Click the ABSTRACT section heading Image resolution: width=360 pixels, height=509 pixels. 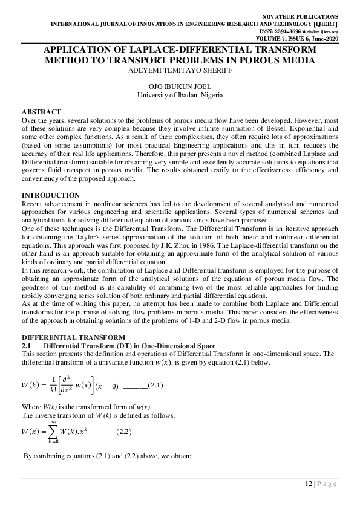click(41, 112)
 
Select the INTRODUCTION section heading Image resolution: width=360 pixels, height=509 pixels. click(51, 195)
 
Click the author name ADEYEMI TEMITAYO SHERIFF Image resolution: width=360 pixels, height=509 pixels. click(180, 70)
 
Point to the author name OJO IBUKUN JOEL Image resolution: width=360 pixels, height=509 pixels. click(180, 87)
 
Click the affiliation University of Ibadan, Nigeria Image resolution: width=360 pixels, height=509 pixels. click(180, 96)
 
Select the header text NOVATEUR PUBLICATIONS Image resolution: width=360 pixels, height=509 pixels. click(300, 16)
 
